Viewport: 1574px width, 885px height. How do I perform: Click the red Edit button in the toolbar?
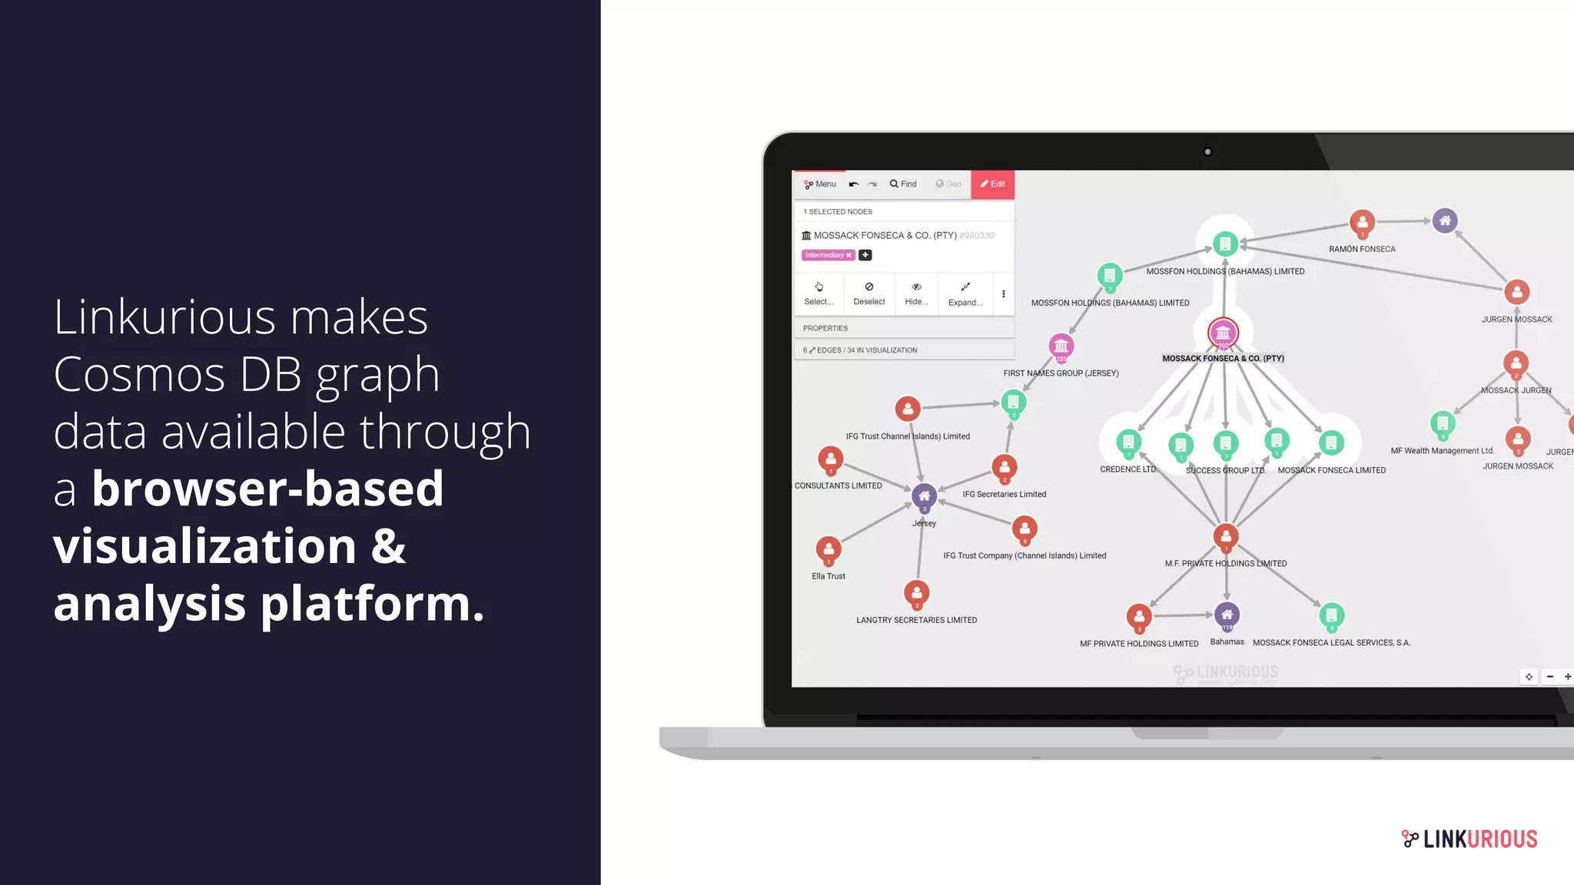(x=992, y=184)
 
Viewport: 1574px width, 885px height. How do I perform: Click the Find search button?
(x=903, y=184)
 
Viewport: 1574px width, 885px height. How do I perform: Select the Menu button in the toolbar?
(x=820, y=184)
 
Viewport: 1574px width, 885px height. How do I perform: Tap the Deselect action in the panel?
(x=868, y=293)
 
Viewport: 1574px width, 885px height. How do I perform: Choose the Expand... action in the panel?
(x=965, y=293)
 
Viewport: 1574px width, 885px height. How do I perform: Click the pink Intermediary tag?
(x=828, y=255)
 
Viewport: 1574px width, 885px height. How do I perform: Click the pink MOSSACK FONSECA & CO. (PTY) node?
(x=1223, y=333)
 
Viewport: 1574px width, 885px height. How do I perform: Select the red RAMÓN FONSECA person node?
(x=1362, y=223)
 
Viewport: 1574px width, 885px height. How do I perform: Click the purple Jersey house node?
(x=924, y=497)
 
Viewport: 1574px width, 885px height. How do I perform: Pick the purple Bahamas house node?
(x=1227, y=615)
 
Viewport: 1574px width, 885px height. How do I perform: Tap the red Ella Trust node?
(x=829, y=550)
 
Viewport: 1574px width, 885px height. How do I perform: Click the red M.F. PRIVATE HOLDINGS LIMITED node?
(x=1226, y=537)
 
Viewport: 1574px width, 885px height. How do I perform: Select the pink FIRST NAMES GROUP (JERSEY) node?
(x=1061, y=346)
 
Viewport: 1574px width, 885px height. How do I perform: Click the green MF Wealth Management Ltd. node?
(x=1443, y=423)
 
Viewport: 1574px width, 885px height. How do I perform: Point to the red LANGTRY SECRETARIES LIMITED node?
(x=916, y=594)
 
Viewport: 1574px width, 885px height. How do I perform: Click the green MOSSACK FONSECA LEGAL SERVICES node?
(x=1331, y=616)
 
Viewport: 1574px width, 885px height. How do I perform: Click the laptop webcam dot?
(x=1207, y=152)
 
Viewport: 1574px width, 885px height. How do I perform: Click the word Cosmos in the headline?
(x=139, y=375)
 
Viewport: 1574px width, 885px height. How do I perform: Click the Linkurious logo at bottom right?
(x=1469, y=839)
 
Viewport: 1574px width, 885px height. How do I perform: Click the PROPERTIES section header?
(x=825, y=328)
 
